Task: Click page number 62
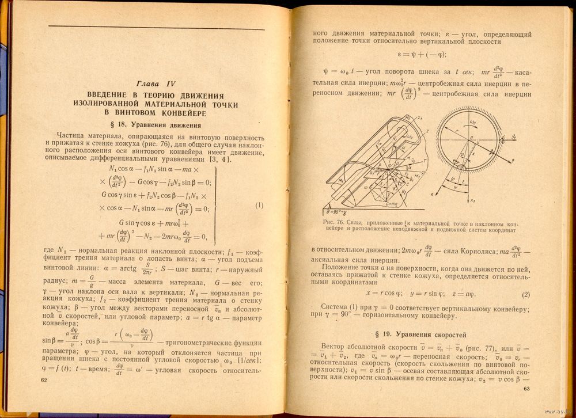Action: tap(43, 381)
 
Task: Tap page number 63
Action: tap(525, 389)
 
